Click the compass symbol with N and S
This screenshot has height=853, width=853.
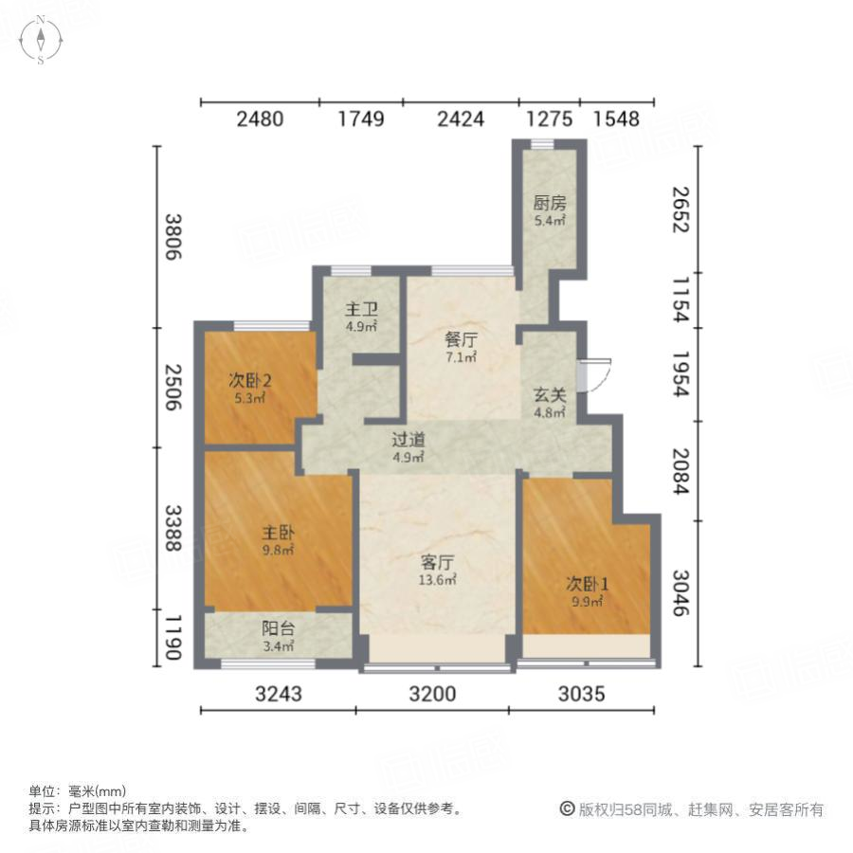42,40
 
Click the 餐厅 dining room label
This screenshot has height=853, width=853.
460,339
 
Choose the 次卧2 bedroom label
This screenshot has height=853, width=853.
250,381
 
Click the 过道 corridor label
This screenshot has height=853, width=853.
408,440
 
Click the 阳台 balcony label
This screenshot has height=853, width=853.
278,629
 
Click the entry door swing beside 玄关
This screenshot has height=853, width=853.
598,373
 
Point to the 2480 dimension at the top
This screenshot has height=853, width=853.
260,119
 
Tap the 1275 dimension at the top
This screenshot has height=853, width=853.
549,119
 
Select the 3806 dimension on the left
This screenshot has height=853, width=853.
172,238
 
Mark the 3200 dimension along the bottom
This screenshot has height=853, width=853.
433,694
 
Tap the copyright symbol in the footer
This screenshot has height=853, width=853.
567,809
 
